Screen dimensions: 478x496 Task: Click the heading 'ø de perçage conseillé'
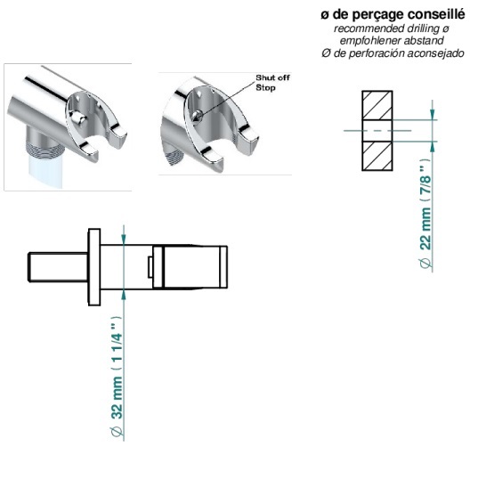tap(393, 15)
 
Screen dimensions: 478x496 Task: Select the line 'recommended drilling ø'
tap(392, 28)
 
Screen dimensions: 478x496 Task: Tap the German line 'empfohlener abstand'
tap(392, 41)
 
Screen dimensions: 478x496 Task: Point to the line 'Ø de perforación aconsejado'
tap(393, 53)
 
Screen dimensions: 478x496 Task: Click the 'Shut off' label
tap(272, 77)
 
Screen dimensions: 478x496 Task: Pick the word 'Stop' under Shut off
tap(265, 87)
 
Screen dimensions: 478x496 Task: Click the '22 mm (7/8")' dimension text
tap(425, 214)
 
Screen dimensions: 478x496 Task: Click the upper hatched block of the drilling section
tap(377, 105)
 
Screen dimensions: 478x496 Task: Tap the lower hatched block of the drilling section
tap(377, 156)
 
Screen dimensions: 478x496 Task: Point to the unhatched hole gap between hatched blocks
tap(377, 131)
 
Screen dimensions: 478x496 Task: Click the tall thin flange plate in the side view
tap(94, 267)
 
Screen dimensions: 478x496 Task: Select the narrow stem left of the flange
tap(59, 267)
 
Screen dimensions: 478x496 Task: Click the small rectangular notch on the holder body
tap(150, 267)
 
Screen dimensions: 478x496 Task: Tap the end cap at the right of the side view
tap(223, 267)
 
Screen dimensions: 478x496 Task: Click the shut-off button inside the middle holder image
tap(197, 116)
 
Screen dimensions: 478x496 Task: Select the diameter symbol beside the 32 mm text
tap(117, 432)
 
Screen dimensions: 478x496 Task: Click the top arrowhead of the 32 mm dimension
tap(124, 240)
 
